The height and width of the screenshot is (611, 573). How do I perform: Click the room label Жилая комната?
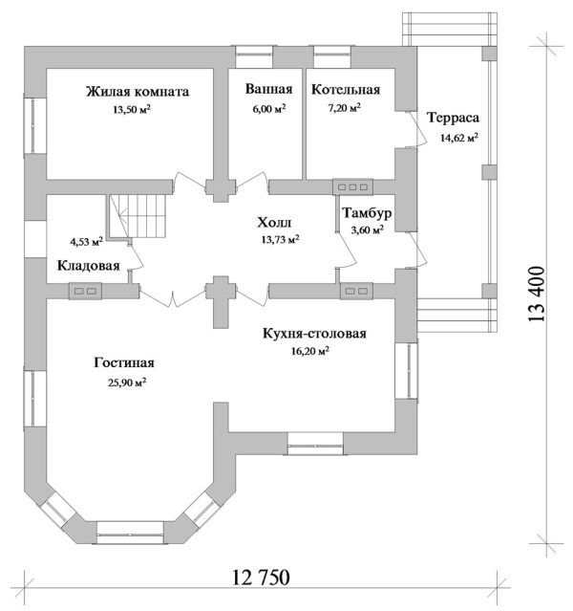[x=137, y=92]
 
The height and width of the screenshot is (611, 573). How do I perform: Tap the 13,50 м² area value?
[x=133, y=110]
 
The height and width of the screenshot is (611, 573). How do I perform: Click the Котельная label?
[x=346, y=90]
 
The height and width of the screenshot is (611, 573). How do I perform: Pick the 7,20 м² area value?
[x=341, y=110]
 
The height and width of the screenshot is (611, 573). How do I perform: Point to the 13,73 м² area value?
[x=279, y=240]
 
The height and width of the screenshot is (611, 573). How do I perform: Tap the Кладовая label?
[x=88, y=266]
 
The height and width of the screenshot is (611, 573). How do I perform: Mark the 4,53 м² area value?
[x=86, y=242]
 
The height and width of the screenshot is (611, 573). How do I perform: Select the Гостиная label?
[x=124, y=363]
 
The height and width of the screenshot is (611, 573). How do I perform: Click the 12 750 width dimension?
[x=260, y=578]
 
